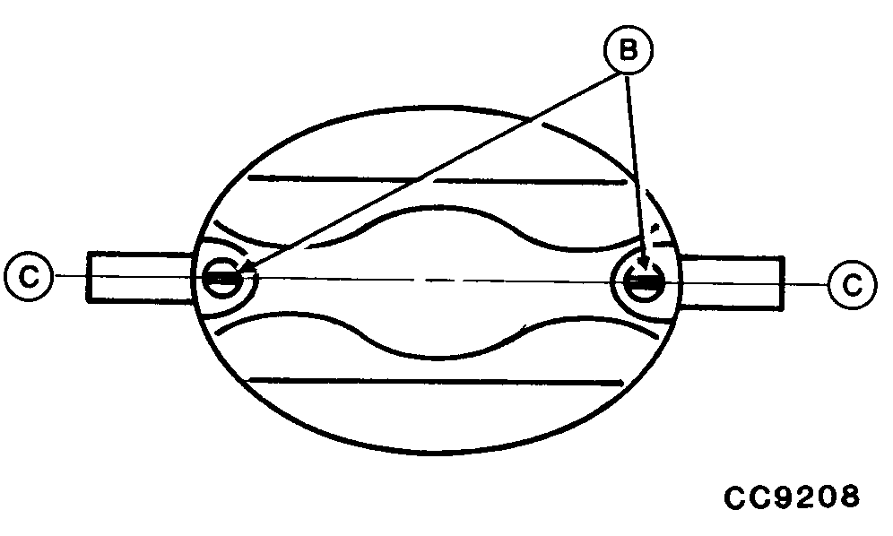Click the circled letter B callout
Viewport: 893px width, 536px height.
coord(628,52)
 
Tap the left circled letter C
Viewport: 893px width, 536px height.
coord(28,277)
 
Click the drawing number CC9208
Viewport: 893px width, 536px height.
coord(793,497)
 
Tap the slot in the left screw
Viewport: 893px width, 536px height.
coord(221,278)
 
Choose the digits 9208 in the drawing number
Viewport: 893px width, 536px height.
coord(816,497)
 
